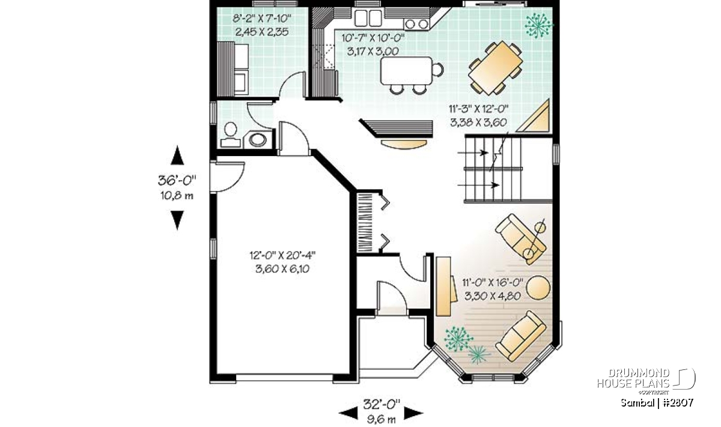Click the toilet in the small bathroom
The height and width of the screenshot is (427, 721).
pyautogui.click(x=231, y=135)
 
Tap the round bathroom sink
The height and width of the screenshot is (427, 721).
pyautogui.click(x=258, y=140)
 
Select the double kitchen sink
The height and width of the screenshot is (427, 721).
pyautogui.click(x=368, y=17)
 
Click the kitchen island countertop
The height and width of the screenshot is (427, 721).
pyautogui.click(x=406, y=70)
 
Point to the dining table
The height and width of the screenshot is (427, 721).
pyautogui.click(x=495, y=67)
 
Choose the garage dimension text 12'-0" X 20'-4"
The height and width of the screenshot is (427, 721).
pyautogui.click(x=282, y=255)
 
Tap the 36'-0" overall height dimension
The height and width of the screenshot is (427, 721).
pyautogui.click(x=177, y=180)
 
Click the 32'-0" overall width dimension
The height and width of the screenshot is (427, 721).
pyautogui.click(x=382, y=404)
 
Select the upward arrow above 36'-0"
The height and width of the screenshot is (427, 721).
pyautogui.click(x=177, y=155)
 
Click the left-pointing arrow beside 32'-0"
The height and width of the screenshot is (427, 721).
pyautogui.click(x=348, y=413)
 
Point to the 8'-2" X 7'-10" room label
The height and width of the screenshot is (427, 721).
pyautogui.click(x=262, y=19)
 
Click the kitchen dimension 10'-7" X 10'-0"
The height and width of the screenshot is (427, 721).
pyautogui.click(x=373, y=38)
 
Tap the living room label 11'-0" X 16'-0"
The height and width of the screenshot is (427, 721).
pyautogui.click(x=493, y=283)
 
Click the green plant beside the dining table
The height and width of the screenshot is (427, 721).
pyautogui.click(x=538, y=25)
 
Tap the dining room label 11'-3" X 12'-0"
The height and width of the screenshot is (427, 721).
pyautogui.click(x=479, y=109)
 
